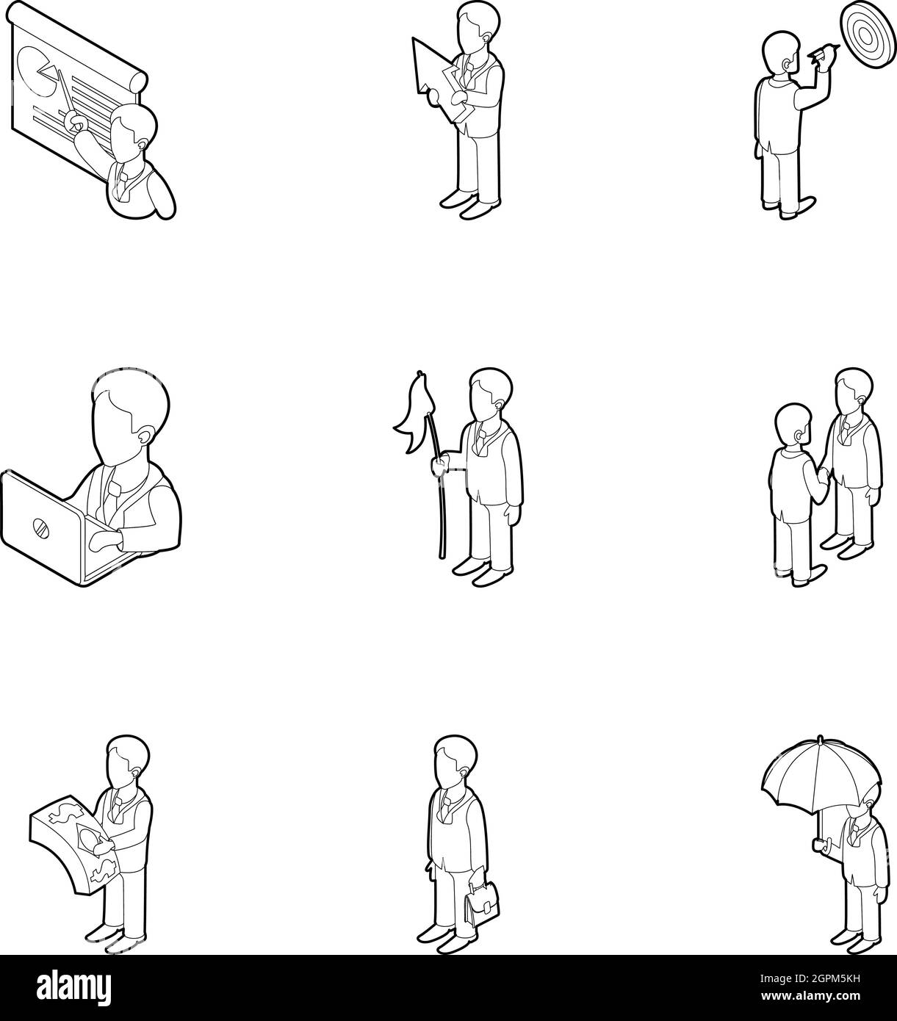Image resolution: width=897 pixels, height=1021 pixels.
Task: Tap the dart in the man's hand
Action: coord(824,52)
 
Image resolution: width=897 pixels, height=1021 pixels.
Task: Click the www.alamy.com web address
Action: coord(810,996)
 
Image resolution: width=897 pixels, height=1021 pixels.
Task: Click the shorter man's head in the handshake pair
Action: coord(793,427)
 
